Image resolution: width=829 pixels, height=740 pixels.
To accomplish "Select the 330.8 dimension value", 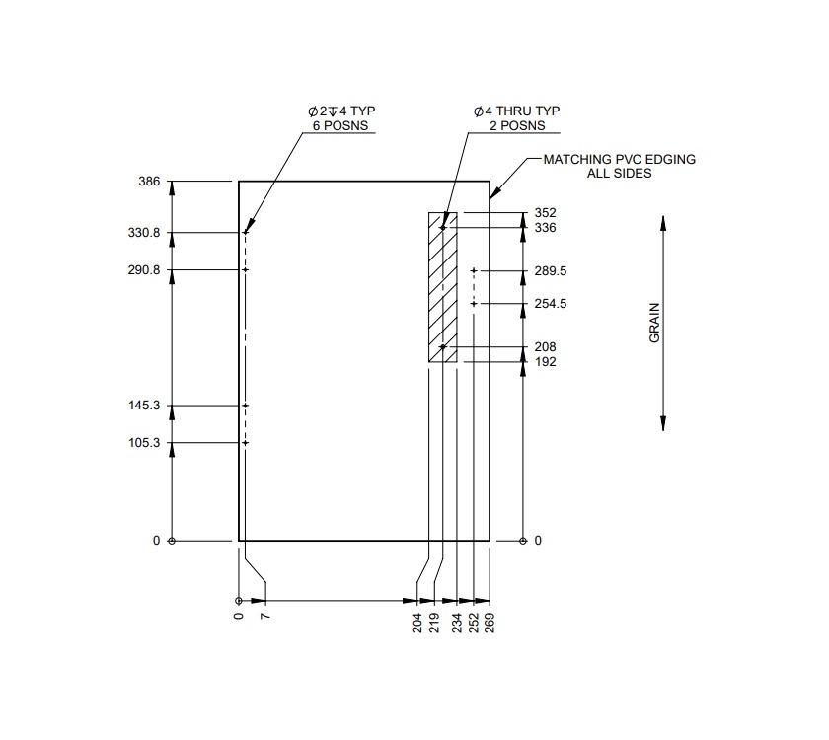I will tap(143, 233).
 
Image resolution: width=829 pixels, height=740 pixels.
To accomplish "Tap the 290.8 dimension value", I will tap(143, 270).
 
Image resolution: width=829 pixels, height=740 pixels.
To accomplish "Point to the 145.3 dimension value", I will tap(143, 406).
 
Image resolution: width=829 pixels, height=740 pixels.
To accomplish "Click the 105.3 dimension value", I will tap(143, 443).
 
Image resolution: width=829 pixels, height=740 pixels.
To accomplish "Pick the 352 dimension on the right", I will tap(545, 213).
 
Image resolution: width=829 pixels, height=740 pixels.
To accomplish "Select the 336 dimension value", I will tap(545, 228).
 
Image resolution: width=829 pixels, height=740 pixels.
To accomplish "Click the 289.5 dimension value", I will tap(550, 270).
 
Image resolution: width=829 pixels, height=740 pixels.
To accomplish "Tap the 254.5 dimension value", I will tap(550, 304).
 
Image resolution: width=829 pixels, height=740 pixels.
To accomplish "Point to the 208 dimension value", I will tap(545, 347).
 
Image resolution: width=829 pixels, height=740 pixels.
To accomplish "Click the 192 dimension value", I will tap(545, 362).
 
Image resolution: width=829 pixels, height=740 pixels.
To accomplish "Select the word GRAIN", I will tap(653, 323).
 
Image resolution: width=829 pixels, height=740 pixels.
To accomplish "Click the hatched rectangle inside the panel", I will tap(443, 287).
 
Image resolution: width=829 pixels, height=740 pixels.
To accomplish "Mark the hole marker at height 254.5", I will tap(474, 304).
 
